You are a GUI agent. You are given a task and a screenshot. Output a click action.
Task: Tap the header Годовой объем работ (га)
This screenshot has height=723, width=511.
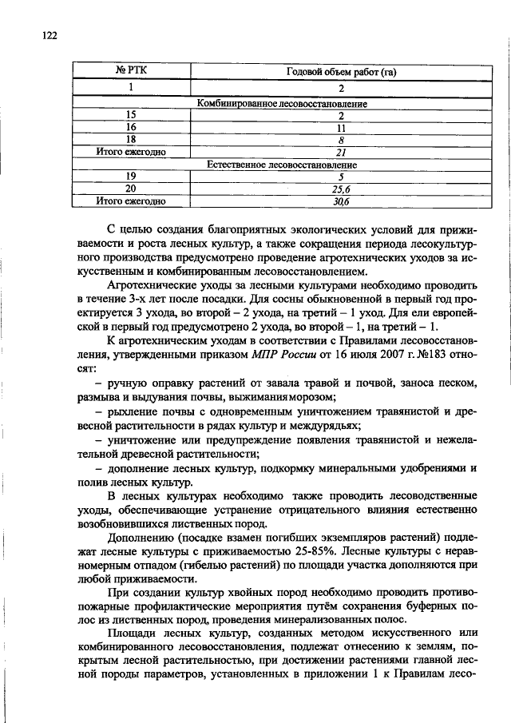coord(341,73)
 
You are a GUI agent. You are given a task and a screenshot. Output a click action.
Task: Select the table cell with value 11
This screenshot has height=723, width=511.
coord(341,126)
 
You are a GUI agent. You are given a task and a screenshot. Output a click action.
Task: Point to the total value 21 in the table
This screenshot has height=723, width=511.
coord(341,151)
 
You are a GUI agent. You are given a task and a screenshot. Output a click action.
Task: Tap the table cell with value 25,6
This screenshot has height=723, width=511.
coord(341,189)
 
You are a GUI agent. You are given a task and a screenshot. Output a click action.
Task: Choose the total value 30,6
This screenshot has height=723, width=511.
coord(341,201)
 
